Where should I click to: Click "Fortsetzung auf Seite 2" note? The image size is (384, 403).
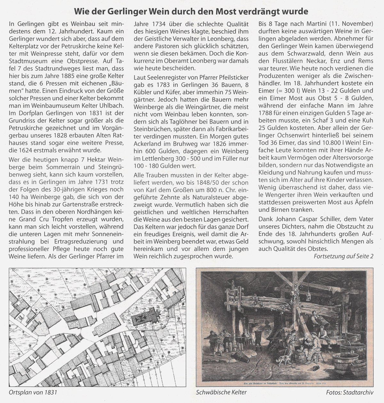344,257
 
